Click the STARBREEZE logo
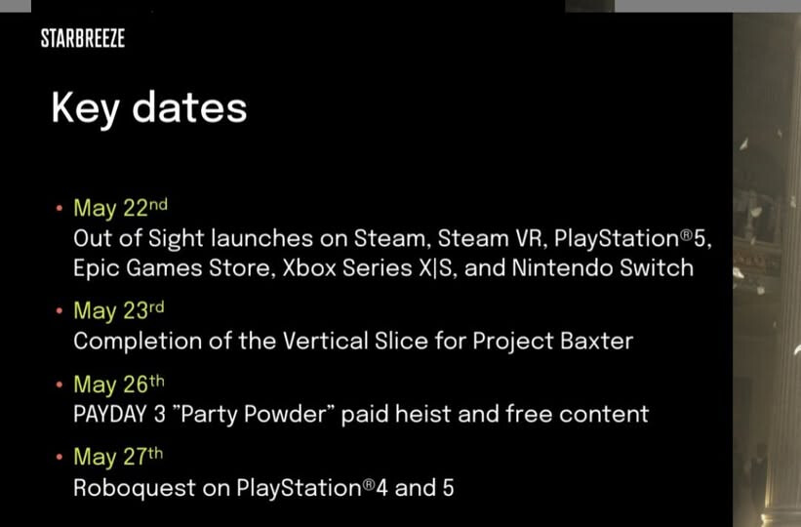[x=83, y=38]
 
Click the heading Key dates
[x=148, y=109]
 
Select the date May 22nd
[x=121, y=208]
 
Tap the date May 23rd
[x=119, y=310]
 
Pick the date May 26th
[x=119, y=384]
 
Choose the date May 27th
[x=118, y=457]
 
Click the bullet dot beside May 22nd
[x=60, y=208]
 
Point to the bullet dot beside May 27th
[x=60, y=457]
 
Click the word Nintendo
[x=561, y=267]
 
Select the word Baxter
[x=597, y=341]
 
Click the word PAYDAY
[x=110, y=414]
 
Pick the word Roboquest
[x=135, y=488]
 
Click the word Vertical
[x=325, y=341]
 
